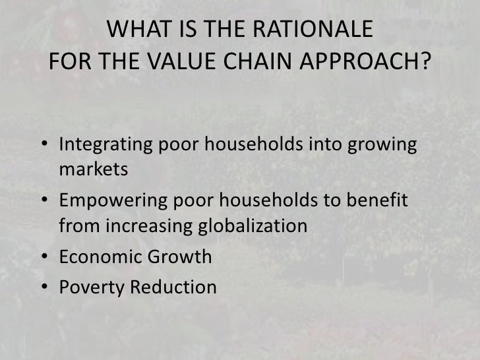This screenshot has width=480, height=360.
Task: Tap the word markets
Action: (x=92, y=169)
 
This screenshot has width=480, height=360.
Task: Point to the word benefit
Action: (x=386, y=198)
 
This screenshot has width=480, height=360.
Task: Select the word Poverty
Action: (x=88, y=287)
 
